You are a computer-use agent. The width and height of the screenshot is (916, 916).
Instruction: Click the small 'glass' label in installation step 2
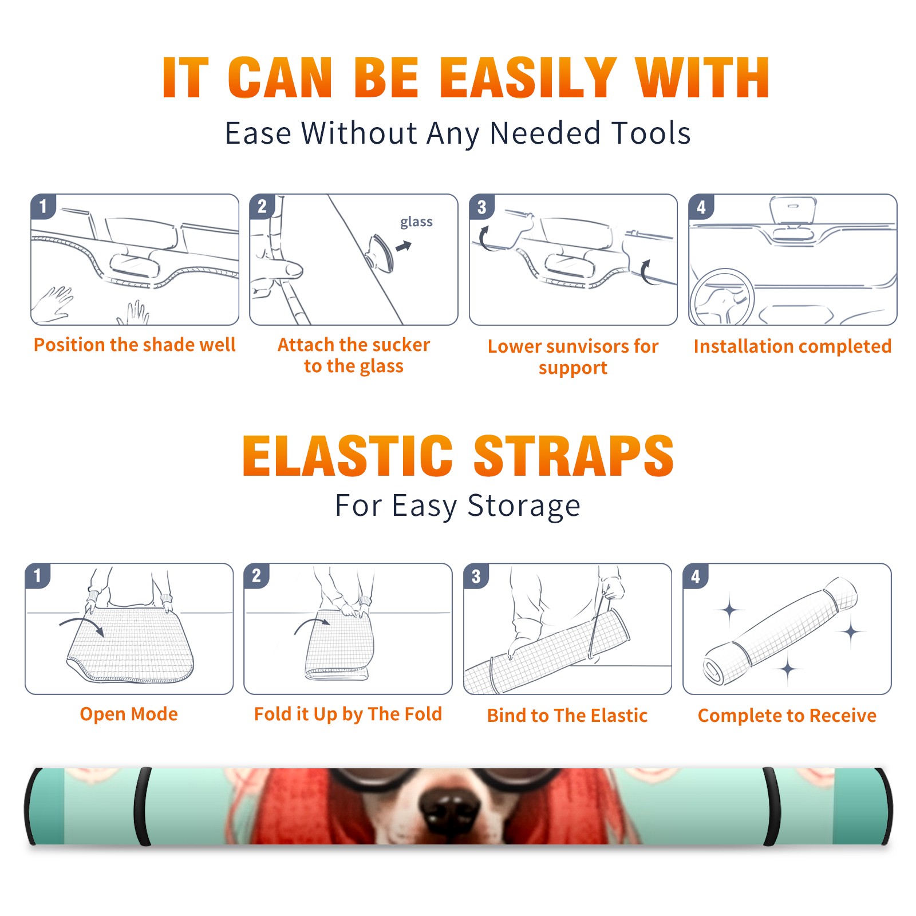(416, 222)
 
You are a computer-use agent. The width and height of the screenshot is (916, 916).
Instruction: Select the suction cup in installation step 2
(381, 252)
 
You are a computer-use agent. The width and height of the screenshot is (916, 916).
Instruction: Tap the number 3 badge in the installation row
(481, 207)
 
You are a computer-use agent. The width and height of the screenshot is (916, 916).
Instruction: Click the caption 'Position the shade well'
(135, 345)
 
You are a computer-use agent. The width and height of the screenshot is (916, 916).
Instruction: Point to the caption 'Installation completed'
(792, 346)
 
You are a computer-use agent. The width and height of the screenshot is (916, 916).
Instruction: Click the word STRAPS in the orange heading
(574, 456)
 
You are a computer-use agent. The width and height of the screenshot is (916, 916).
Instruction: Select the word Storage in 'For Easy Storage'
(524, 506)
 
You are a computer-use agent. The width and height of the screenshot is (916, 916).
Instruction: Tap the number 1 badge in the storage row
(38, 575)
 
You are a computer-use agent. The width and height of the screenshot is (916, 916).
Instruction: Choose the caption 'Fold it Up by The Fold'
(348, 714)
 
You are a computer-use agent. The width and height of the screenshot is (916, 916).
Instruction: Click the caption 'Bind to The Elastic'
(567, 716)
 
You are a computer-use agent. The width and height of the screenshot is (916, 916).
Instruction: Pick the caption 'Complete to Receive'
(787, 716)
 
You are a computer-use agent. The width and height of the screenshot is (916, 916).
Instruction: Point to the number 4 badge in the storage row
(696, 576)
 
